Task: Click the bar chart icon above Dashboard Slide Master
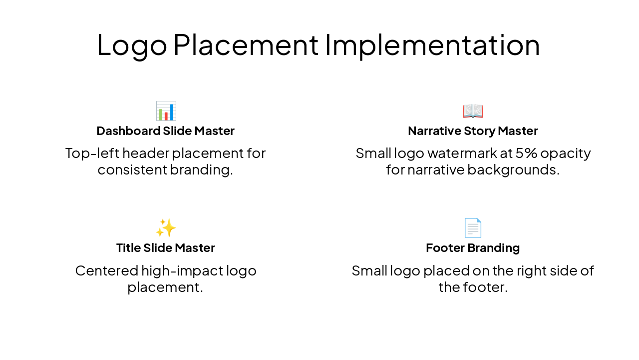coord(165,111)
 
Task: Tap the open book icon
coord(472,111)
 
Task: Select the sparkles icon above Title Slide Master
coord(165,228)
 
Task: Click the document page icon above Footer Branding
coord(472,228)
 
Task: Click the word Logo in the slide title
coord(132,45)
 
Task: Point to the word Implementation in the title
coord(432,45)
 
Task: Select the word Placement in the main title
coord(246,45)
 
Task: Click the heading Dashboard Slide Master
coord(165,131)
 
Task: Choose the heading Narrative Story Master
coord(472,131)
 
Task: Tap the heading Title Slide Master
coord(165,248)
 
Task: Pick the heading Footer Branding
coord(472,248)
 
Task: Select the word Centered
coord(106,271)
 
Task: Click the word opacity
coord(567,153)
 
